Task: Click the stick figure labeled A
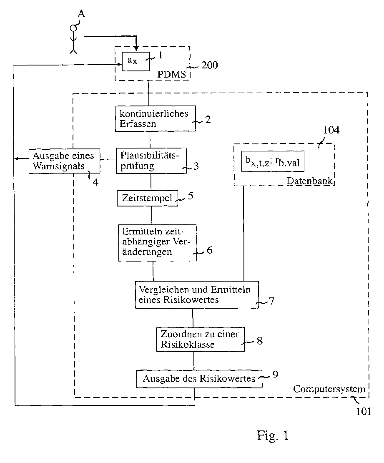point(73,40)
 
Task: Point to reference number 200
point(209,65)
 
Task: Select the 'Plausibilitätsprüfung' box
point(151,161)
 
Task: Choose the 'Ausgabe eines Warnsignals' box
point(64,161)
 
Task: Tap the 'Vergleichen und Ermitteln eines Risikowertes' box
point(197,294)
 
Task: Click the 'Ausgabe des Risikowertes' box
point(199,379)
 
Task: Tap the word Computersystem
point(329,389)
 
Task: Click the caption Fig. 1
point(272,436)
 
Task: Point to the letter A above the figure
point(82,15)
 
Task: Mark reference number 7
point(271,300)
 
